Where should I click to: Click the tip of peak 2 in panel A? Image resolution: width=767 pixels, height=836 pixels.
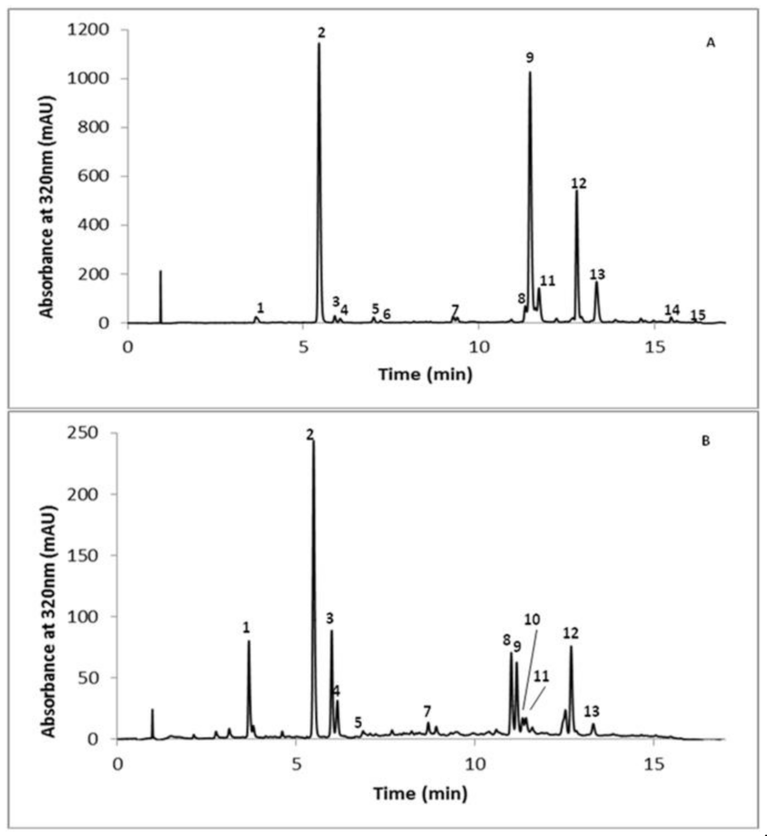click(319, 43)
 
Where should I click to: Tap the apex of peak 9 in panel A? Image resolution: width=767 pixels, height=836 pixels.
click(530, 72)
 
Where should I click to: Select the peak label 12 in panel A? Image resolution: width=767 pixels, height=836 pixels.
click(579, 183)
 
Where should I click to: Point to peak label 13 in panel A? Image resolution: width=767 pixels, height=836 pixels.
click(597, 274)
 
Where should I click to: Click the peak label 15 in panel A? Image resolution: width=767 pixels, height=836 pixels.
click(697, 315)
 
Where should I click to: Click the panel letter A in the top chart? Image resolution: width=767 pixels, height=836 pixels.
click(711, 43)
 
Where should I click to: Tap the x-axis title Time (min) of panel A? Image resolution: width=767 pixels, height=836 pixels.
click(425, 374)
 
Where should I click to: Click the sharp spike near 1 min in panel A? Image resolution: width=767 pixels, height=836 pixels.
click(161, 271)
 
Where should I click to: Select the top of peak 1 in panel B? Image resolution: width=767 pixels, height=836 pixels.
click(249, 641)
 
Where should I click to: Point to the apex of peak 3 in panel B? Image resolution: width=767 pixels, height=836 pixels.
click(331, 631)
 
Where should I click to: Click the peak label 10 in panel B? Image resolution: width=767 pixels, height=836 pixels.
click(532, 619)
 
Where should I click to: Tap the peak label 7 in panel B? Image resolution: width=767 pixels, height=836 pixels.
click(427, 711)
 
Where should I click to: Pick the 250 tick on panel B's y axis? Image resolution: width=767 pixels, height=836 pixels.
click(84, 433)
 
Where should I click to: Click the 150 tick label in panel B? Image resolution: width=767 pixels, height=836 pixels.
click(84, 555)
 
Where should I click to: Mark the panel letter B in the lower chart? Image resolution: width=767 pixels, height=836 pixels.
click(706, 441)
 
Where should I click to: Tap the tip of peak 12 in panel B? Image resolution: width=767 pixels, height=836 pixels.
click(571, 646)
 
